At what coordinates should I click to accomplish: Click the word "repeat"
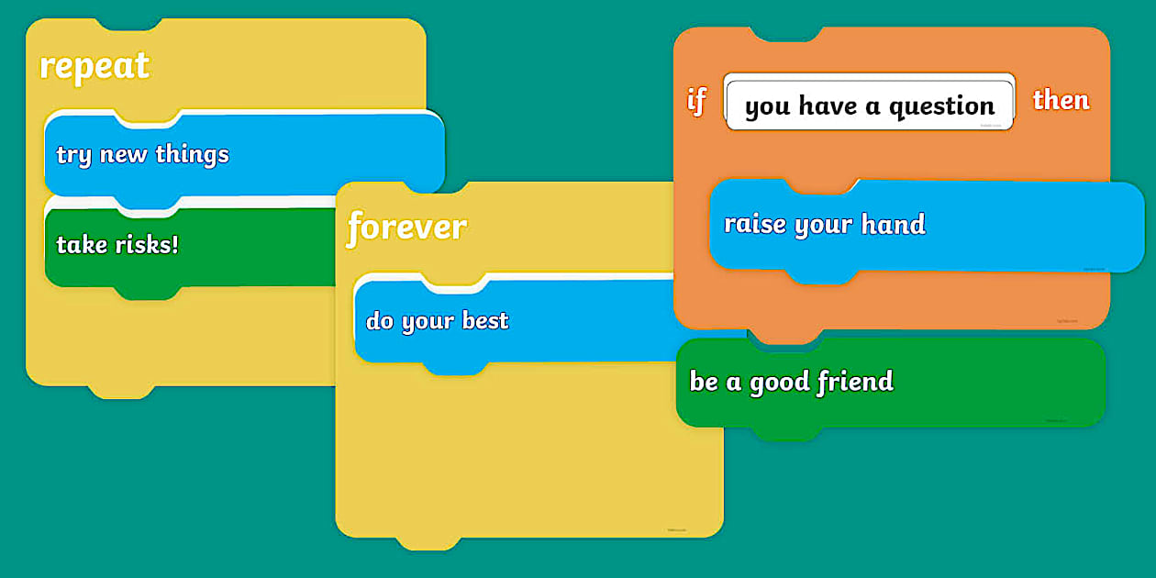tap(94, 67)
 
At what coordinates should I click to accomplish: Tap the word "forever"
tap(406, 227)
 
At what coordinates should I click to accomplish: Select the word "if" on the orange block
tap(696, 100)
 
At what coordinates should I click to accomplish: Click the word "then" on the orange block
tap(1061, 100)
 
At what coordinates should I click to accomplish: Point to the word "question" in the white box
tap(941, 107)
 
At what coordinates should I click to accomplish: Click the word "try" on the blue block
tap(73, 155)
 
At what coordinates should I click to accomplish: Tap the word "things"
tap(192, 154)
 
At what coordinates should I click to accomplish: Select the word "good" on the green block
tap(779, 383)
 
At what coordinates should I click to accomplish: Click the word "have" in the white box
tap(827, 106)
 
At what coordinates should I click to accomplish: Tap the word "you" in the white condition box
tap(767, 107)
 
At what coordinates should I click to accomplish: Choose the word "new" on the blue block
tap(123, 155)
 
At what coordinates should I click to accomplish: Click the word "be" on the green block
tap(704, 381)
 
